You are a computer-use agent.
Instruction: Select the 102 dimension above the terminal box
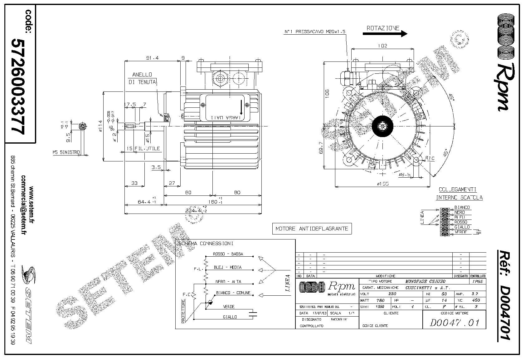coord(382,46)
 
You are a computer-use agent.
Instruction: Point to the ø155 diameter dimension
coord(382,184)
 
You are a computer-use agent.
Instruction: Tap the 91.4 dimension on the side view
coord(153,58)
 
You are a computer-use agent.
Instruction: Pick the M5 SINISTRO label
coord(66,153)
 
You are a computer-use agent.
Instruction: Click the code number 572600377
coord(18,86)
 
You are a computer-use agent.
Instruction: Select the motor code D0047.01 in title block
coord(454,322)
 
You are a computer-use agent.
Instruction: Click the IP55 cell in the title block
coord(477,281)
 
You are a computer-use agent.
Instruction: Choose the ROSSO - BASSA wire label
coord(228,254)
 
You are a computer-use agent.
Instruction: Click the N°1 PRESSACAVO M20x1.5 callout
coord(315,32)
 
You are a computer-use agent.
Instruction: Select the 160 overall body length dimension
coord(213,202)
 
